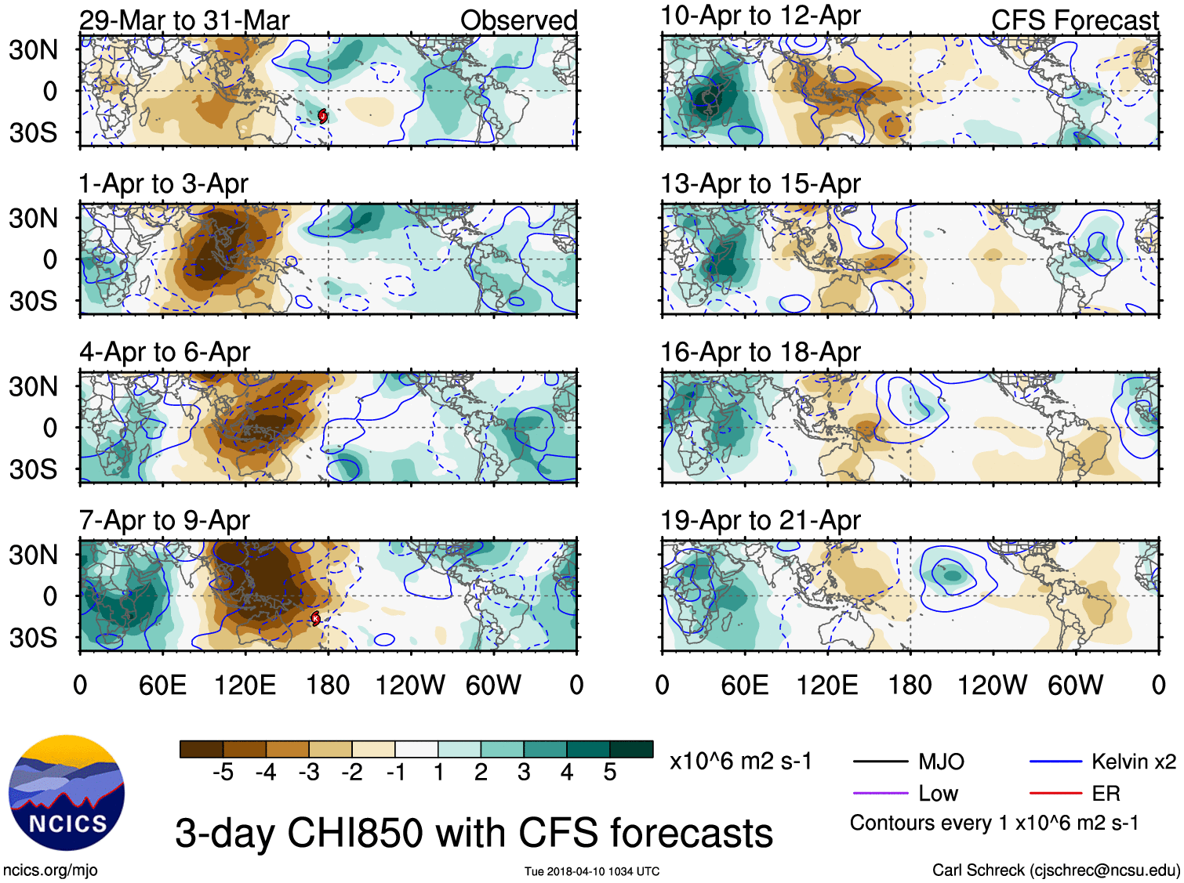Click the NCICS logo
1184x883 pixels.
67,792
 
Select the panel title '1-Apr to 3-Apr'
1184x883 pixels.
163,184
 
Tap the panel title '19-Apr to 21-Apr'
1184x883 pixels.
760,520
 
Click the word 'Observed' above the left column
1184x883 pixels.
518,20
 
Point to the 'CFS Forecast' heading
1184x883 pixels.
1074,20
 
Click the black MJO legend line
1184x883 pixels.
880,762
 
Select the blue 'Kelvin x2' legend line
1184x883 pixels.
1055,762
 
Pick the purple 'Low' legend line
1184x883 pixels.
880,794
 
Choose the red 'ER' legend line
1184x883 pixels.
1055,794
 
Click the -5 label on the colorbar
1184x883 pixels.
223,773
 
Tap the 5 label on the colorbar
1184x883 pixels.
609,773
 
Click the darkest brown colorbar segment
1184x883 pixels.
202,749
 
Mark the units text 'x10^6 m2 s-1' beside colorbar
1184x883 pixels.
741,762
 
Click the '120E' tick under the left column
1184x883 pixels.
245,686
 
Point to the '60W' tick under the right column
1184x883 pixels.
1075,686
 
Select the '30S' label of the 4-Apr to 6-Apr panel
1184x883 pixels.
34,469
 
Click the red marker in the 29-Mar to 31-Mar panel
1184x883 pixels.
322,116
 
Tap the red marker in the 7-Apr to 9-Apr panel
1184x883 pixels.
315,619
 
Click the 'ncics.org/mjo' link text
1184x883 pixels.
50,870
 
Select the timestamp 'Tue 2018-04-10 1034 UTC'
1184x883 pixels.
592,871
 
